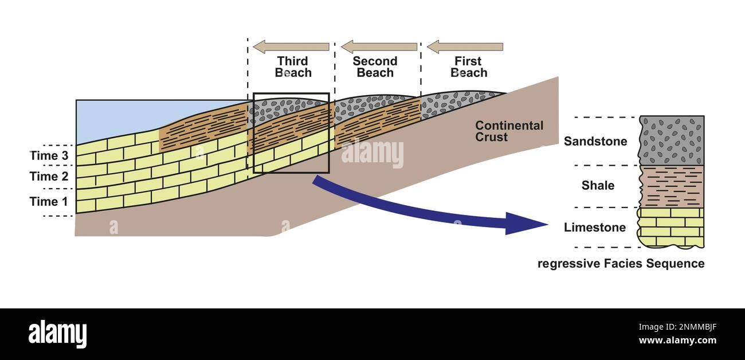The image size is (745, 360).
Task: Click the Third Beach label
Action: click(293, 67)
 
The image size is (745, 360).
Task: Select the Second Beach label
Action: click(375, 67)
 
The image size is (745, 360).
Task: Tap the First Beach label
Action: click(468, 67)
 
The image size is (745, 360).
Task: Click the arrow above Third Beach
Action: click(291, 46)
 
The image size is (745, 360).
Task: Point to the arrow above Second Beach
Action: click(379, 46)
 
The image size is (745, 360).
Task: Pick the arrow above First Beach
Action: click(465, 46)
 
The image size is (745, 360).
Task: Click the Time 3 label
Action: click(52, 156)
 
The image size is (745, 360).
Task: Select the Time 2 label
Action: click(52, 177)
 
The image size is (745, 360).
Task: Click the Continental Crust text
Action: click(509, 131)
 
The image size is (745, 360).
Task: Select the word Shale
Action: click(598, 186)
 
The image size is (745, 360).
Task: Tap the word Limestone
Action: click(594, 228)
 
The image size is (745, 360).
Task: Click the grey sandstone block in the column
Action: click(672, 140)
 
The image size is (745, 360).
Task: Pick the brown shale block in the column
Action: click(672, 186)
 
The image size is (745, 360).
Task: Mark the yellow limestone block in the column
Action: click(672, 228)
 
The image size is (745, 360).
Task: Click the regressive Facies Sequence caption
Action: click(621, 264)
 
